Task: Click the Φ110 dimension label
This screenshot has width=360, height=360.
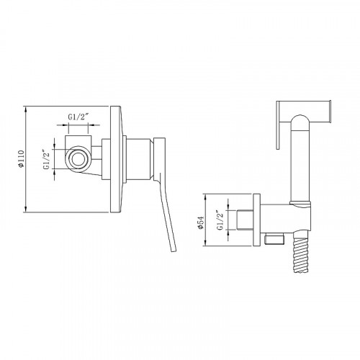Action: (x=21, y=158)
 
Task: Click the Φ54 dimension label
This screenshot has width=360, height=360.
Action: (x=200, y=222)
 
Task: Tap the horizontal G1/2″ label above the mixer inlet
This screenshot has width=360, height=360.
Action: (x=78, y=117)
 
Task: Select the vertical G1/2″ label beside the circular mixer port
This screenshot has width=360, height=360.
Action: (x=47, y=159)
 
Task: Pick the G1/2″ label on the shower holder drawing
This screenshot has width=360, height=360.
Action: (x=220, y=220)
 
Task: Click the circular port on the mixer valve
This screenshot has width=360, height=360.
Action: (x=78, y=159)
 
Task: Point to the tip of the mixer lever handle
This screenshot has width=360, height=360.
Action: (x=174, y=250)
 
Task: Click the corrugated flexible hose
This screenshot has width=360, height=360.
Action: (x=301, y=255)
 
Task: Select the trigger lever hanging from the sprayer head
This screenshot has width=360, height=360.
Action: (x=278, y=125)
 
